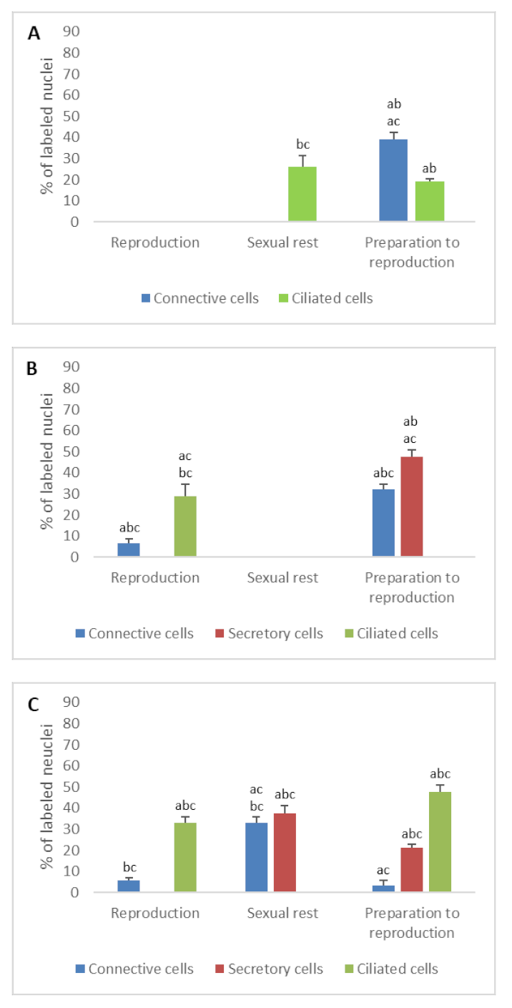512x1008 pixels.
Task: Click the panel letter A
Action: pyautogui.click(x=33, y=34)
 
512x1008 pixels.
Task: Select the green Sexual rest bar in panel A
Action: pyautogui.click(x=302, y=194)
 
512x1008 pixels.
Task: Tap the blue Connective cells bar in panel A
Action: pyautogui.click(x=393, y=180)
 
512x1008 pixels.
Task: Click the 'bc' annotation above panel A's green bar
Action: pyautogui.click(x=302, y=145)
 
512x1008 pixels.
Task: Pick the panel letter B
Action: pyautogui.click(x=33, y=369)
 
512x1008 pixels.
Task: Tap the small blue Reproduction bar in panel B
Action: pyautogui.click(x=129, y=549)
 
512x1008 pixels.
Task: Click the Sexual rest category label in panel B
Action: pyautogui.click(x=282, y=578)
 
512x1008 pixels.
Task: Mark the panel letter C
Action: pyautogui.click(x=33, y=705)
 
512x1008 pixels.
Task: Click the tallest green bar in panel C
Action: pyautogui.click(x=440, y=842)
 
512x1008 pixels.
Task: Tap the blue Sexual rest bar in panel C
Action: pyautogui.click(x=257, y=857)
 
